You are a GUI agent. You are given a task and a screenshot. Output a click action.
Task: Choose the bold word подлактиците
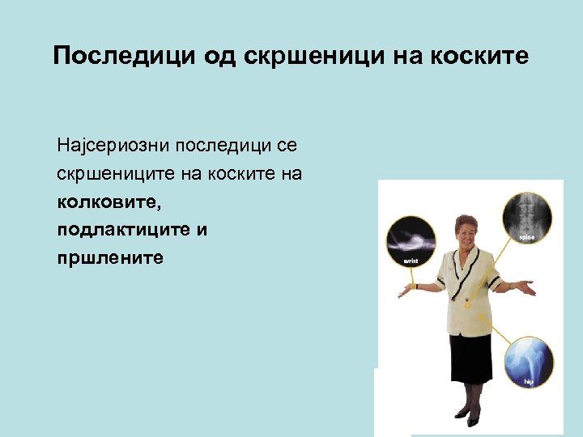[x=122, y=230]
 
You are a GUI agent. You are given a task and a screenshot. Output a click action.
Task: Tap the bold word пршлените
[x=110, y=258]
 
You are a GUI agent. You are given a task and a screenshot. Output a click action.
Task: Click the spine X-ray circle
[x=526, y=212]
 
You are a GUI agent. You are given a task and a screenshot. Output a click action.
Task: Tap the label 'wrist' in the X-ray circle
[x=411, y=261]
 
